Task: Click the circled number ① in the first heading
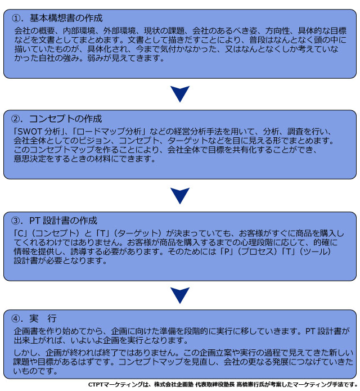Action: [16, 18]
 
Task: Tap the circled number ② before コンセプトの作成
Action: [16, 119]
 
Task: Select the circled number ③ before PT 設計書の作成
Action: [16, 221]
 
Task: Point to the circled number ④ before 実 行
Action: [16, 318]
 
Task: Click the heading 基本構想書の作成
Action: [66, 18]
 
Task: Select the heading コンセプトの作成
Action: [65, 119]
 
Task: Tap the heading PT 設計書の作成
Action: [63, 221]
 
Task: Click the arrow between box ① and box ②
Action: [180, 94]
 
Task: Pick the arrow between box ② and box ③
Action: [180, 196]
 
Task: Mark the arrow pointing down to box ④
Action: [180, 295]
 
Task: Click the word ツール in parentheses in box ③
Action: [315, 251]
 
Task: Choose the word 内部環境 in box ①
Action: [79, 31]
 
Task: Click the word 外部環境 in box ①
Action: [119, 31]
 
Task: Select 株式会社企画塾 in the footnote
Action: [174, 385]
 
